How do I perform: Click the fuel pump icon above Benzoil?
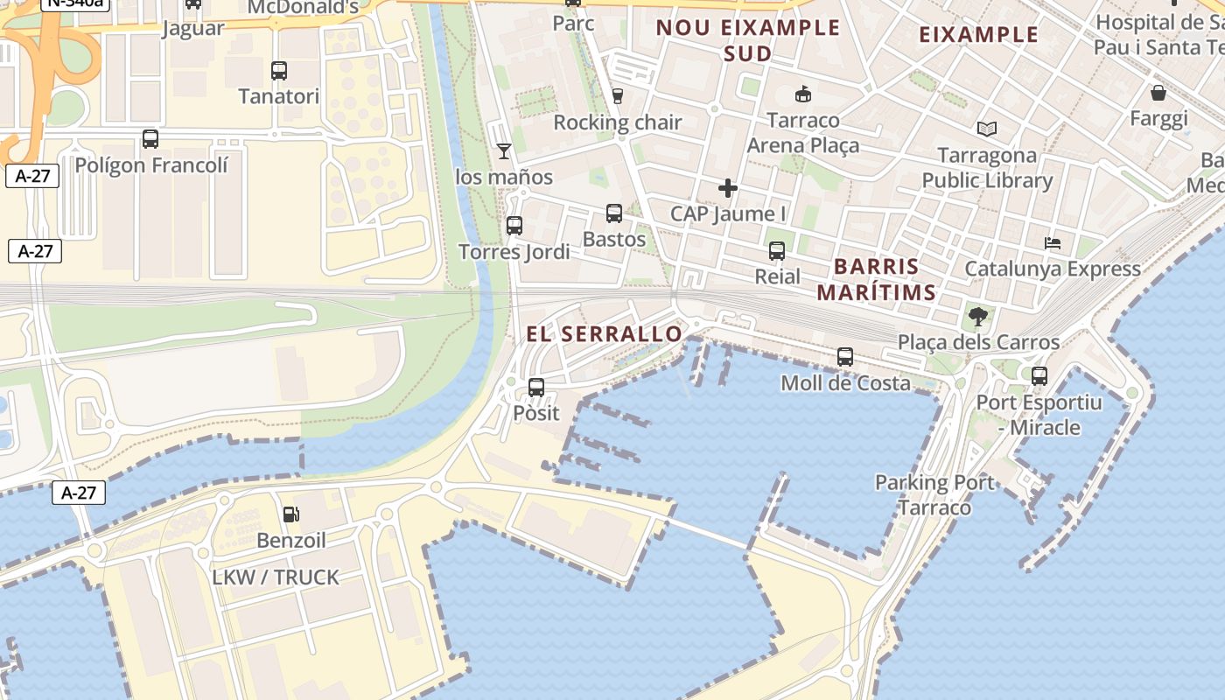291,514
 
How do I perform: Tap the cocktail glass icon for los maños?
503,151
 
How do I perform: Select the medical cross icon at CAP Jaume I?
727,187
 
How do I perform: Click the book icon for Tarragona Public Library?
987,129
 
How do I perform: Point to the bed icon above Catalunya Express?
1053,242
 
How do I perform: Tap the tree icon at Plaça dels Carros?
978,316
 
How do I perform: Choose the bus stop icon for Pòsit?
536,387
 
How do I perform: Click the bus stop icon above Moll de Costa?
844,357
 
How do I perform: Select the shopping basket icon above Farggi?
1158,93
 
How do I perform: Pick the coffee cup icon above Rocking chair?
618,96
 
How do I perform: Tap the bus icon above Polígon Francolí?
150,139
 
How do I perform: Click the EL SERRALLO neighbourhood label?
604,334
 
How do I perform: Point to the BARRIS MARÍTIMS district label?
877,279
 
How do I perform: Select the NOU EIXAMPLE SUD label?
748,40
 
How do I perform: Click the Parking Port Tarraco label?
934,494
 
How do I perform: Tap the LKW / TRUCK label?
276,577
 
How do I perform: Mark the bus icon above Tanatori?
279,71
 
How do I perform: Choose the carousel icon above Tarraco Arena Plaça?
802,94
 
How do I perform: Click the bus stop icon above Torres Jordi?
514,226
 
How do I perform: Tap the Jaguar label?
193,28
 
